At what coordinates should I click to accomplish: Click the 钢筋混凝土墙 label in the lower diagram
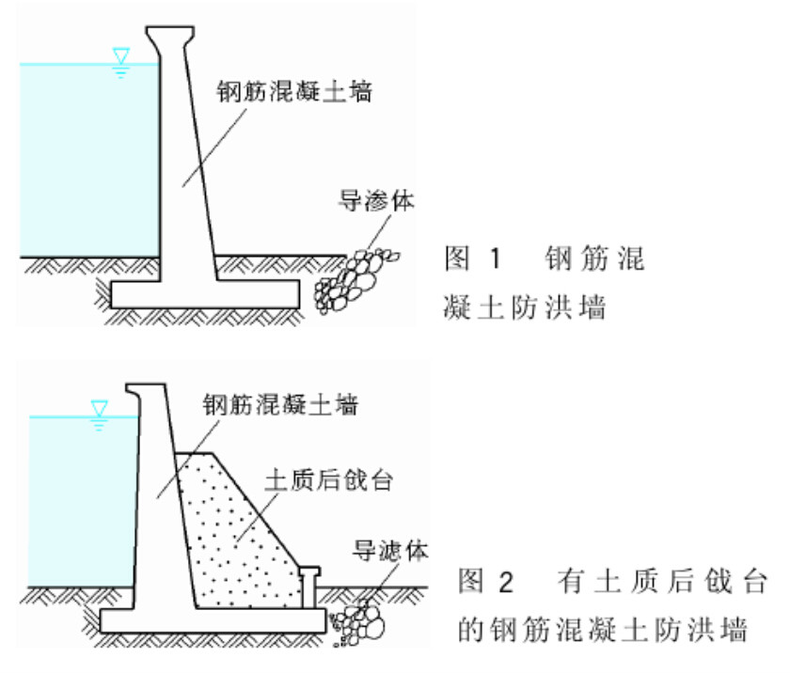[280, 405]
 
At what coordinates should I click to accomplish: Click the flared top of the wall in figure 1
[170, 36]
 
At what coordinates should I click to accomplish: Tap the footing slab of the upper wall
[205, 293]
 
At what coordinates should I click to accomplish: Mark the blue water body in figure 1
[85, 160]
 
